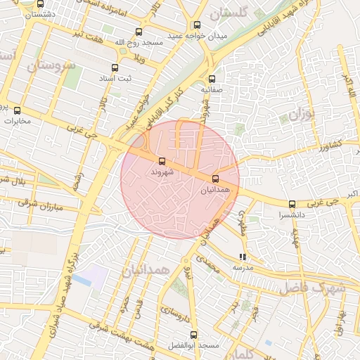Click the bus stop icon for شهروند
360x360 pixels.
click(x=162, y=161)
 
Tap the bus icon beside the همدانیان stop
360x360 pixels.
click(x=215, y=179)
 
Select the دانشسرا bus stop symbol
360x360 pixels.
click(x=292, y=203)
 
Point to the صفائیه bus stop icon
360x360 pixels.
click(x=212, y=79)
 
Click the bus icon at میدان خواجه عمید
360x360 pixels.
click(x=196, y=25)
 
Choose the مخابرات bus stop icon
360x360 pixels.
click(x=18, y=110)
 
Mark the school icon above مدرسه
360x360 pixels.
click(x=243, y=257)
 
